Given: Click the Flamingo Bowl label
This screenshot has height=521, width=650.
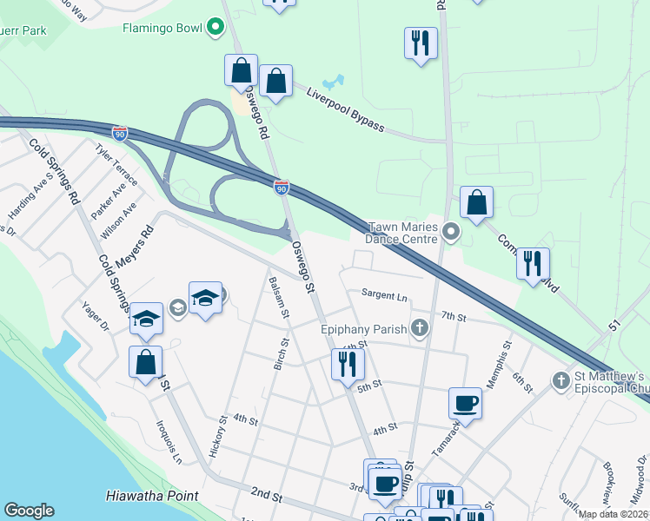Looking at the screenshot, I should (162, 29).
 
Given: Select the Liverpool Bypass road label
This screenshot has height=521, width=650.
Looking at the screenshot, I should (344, 109).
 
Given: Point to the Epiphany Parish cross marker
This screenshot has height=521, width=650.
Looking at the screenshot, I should (421, 327).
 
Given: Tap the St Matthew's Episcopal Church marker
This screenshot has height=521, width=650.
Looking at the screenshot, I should (560, 380).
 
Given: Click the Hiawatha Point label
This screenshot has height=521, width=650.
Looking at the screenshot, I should (151, 496).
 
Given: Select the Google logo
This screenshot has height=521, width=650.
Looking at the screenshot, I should (29, 511).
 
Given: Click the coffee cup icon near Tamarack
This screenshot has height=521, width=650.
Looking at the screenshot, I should (466, 404).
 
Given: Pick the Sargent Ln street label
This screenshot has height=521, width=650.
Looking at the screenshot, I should (384, 296).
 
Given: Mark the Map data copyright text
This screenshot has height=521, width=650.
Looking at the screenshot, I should (613, 514).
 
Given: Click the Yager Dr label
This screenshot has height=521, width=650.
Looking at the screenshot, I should (95, 317).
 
